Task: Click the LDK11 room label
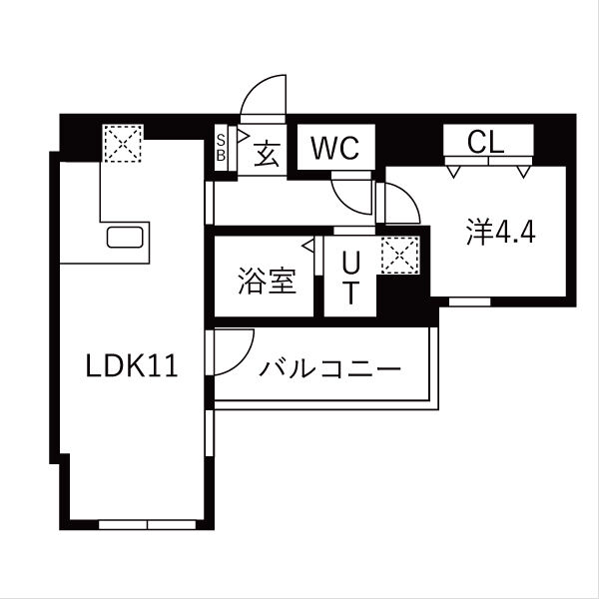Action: [x=131, y=366]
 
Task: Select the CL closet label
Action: [x=488, y=143]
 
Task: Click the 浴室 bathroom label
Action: [x=267, y=283]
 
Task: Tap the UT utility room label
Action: [x=350, y=279]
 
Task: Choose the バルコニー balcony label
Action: [x=330, y=369]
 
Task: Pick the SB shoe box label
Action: [x=222, y=148]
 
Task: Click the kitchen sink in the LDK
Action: [x=127, y=241]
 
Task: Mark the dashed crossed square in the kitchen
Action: [x=123, y=143]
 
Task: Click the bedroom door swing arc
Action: [x=402, y=204]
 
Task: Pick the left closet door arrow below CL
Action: [x=455, y=172]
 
